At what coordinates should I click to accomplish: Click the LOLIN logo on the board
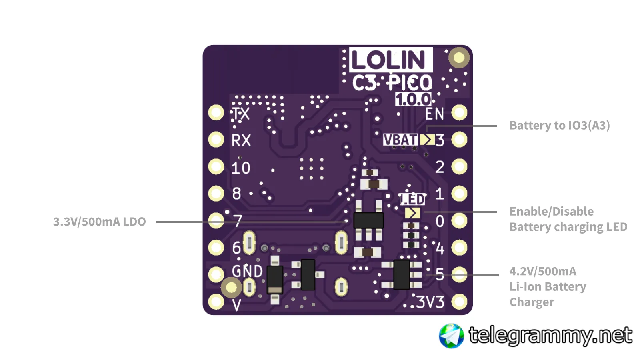[x=390, y=60]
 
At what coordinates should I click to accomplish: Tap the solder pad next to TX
[x=216, y=113]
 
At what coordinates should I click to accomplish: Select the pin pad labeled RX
[x=216, y=140]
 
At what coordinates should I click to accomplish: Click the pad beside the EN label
[x=459, y=113]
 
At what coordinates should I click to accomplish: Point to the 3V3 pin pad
[x=459, y=302]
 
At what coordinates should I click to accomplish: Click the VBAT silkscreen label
[x=400, y=140]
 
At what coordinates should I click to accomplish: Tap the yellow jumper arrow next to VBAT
[x=427, y=140]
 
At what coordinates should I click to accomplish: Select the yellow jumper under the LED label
[x=412, y=213]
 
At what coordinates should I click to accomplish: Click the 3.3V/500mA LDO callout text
[x=100, y=222]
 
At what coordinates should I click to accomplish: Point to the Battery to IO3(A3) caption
[x=560, y=126]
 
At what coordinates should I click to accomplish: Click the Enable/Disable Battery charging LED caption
[x=568, y=219]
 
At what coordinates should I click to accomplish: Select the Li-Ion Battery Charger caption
[x=547, y=287]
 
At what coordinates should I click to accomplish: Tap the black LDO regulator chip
[x=368, y=220]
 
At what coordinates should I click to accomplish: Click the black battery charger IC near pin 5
[x=402, y=274]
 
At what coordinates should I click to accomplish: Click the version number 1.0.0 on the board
[x=413, y=100]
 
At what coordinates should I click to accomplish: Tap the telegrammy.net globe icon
[x=451, y=336]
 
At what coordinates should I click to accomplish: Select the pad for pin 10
[x=216, y=167]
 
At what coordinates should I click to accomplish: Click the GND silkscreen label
[x=247, y=271]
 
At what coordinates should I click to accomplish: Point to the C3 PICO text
[x=392, y=83]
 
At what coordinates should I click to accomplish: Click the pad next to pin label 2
[x=459, y=167]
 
